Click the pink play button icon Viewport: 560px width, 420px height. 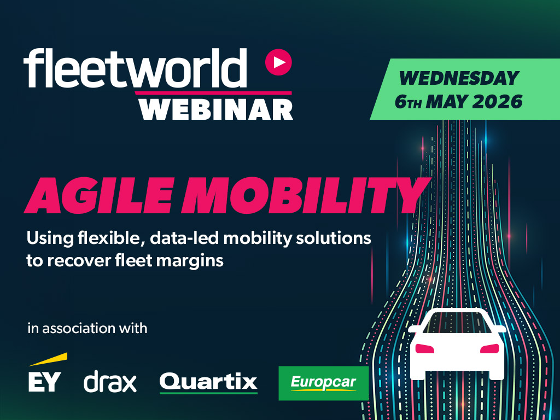tap(278, 62)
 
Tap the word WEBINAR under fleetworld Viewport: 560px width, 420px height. tap(216, 109)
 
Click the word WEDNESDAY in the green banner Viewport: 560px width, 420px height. tap(459, 78)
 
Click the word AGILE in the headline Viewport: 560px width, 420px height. tap(100, 195)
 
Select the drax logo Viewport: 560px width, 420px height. tap(110, 381)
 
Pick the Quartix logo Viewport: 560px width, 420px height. tap(208, 382)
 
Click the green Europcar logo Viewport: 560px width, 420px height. tap(323, 383)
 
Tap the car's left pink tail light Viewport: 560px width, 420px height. tap(424, 348)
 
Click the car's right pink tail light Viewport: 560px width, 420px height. tap(489, 348)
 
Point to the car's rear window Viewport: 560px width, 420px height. tap(457, 322)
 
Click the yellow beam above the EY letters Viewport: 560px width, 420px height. tap(48, 359)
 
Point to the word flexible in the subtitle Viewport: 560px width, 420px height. tap(111, 238)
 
